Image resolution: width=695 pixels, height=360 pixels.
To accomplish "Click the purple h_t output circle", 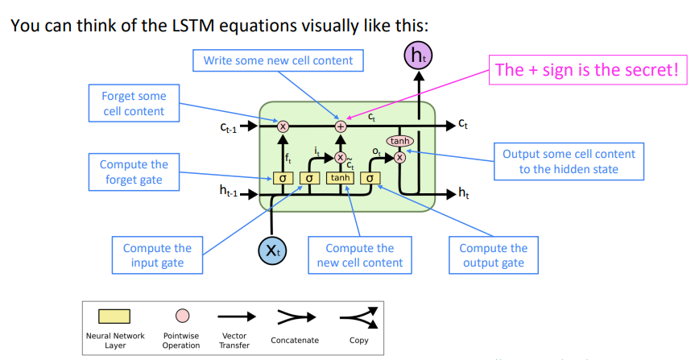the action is [x=418, y=56].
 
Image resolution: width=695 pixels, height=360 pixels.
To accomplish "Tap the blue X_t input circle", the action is [x=272, y=250].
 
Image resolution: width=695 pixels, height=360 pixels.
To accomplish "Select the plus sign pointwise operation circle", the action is [x=341, y=126].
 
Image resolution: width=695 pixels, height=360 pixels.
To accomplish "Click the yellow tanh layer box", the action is [x=341, y=178].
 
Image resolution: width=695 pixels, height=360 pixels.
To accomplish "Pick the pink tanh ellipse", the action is [x=399, y=141].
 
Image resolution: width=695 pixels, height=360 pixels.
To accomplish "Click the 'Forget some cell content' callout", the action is [x=134, y=103].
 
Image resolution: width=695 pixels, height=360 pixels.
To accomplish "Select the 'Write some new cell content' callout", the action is [x=278, y=60].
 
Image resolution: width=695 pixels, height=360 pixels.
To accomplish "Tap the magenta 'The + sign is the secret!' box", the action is [x=588, y=69].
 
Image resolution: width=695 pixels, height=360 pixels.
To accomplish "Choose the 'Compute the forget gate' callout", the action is [x=134, y=172].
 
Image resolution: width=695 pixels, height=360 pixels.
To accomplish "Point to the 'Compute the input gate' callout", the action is [x=157, y=255].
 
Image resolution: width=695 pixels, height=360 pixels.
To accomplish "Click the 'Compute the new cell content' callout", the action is [x=360, y=255].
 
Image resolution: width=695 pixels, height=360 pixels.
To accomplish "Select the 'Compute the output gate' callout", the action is [x=494, y=255].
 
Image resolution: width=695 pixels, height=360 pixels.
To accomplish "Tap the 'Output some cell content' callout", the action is [x=569, y=161].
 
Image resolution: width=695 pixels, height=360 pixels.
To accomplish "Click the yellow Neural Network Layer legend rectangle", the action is [x=114, y=317].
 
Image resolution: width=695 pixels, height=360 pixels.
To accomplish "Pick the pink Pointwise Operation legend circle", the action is [x=182, y=317].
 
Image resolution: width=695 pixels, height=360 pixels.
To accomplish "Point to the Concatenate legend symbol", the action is [x=296, y=317].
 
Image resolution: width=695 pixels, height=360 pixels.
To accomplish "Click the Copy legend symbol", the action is [x=358, y=318].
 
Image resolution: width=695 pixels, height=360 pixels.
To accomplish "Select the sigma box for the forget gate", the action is [x=283, y=178].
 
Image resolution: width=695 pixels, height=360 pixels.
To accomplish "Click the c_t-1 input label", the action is [x=229, y=127].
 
